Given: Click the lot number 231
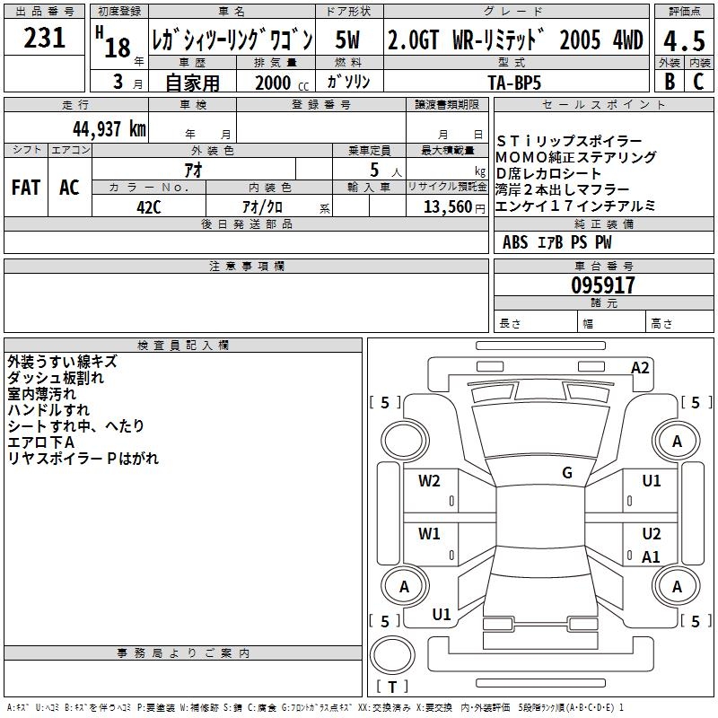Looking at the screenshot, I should pos(44,38).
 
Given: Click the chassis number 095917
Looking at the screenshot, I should pos(603,285).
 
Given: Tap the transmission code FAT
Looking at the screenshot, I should pos(26,188).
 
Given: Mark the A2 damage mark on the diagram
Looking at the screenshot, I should pos(640,367).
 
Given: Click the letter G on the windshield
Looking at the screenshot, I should pos(566,473).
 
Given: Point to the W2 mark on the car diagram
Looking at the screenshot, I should pos(429,481).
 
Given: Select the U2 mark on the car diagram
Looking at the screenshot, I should pos(652,533).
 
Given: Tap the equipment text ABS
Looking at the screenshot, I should pos(515,241).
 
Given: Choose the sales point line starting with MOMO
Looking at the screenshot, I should pos(575,158).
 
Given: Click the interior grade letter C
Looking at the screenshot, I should pos(697,81).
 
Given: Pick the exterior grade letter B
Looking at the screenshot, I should pos(669,81).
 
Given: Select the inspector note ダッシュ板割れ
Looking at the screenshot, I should pos(55,378).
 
